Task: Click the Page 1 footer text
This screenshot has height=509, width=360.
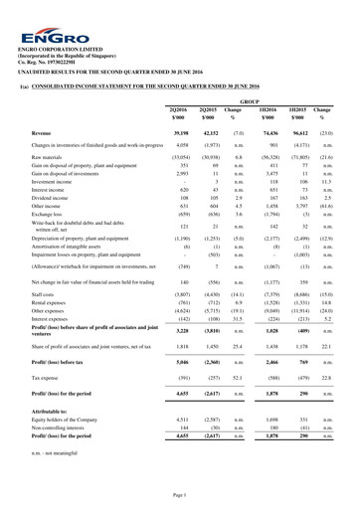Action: point(180,494)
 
